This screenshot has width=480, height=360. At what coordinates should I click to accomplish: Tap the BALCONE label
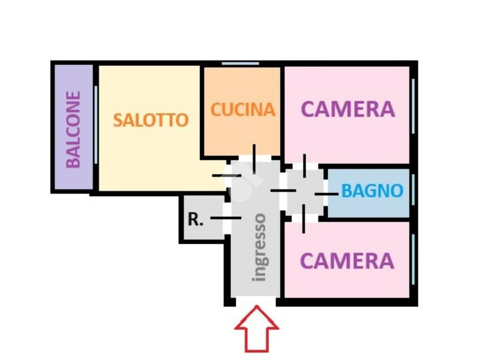(x=73, y=129)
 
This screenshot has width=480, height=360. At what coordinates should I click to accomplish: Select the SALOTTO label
(x=151, y=120)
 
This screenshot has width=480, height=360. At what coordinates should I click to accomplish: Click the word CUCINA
(x=243, y=110)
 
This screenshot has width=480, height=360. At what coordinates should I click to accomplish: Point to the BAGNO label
(x=372, y=191)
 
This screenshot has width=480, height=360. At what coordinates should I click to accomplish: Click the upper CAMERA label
(x=348, y=109)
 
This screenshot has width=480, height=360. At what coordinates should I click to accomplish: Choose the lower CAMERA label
(x=347, y=261)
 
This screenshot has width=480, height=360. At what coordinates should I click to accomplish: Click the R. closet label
(x=196, y=219)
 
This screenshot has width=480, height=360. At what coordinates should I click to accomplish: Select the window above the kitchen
(x=240, y=64)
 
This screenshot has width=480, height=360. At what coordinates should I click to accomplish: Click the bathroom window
(x=413, y=190)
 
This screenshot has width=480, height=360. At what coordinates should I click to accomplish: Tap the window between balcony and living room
(x=96, y=125)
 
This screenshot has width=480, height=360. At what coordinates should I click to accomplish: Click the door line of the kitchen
(x=254, y=158)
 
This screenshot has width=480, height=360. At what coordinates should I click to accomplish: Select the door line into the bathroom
(x=326, y=194)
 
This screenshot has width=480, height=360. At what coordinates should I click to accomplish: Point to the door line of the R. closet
(x=226, y=218)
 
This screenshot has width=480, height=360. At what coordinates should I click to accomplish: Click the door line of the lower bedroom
(x=304, y=218)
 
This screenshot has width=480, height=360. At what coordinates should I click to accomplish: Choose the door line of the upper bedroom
(x=305, y=165)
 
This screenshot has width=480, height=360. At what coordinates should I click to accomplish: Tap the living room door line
(x=226, y=176)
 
